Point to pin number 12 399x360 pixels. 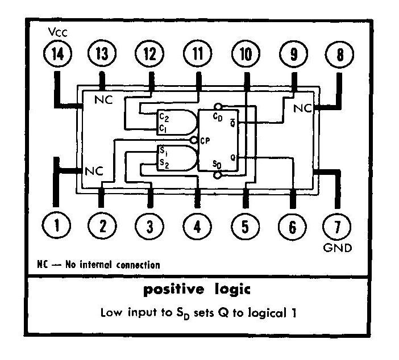click(149, 55)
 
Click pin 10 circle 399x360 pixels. click(245, 55)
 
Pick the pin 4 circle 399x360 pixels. click(197, 227)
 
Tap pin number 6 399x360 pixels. click(292, 227)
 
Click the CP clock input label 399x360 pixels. click(206, 140)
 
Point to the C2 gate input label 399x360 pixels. click(163, 118)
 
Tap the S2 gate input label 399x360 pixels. click(163, 164)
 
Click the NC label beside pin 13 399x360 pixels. click(104, 100)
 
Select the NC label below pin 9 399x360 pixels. click(303, 108)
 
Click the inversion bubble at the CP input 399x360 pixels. click(194, 140)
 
